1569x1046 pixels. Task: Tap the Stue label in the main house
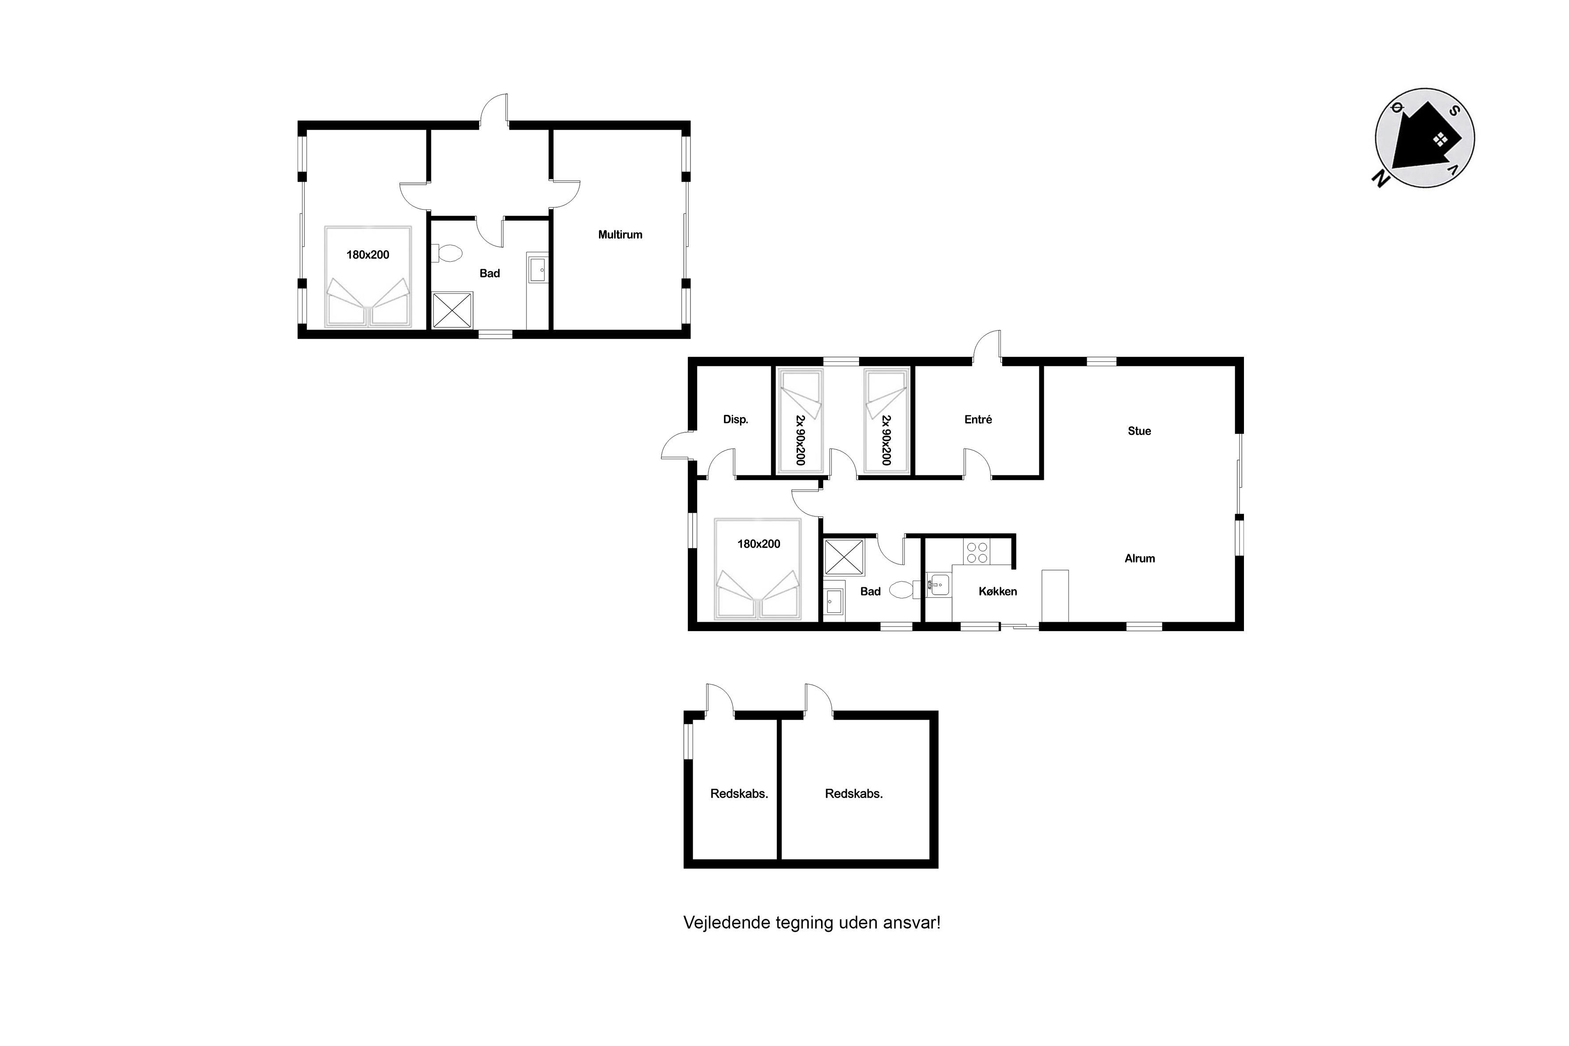[x=1139, y=431]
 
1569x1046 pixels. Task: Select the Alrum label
[x=1139, y=558]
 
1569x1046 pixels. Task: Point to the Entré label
[x=978, y=420]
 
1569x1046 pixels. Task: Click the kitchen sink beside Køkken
[x=937, y=585]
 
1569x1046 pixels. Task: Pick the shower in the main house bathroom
[x=844, y=557]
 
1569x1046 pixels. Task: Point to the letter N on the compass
[x=1379, y=178]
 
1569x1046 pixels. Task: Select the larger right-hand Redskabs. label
[x=853, y=794]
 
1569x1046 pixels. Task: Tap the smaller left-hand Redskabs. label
[x=739, y=794]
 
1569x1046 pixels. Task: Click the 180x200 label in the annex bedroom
[x=368, y=255]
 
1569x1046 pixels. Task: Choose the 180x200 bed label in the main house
[x=759, y=544]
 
